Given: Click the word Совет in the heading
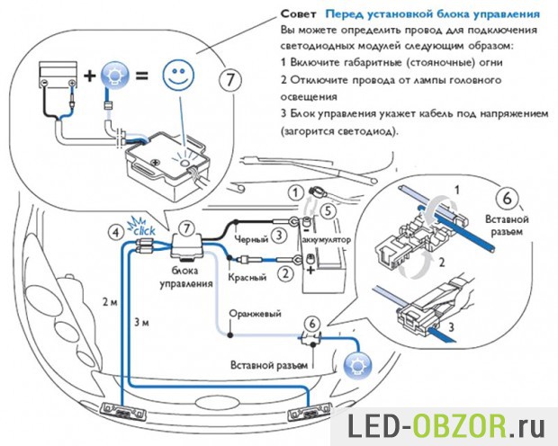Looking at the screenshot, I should (x=298, y=15).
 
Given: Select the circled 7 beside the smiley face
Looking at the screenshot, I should (x=231, y=79).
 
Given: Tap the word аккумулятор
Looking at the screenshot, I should (x=338, y=243).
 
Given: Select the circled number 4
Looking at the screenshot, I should (x=115, y=232).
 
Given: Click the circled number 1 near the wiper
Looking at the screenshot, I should (x=293, y=192).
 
